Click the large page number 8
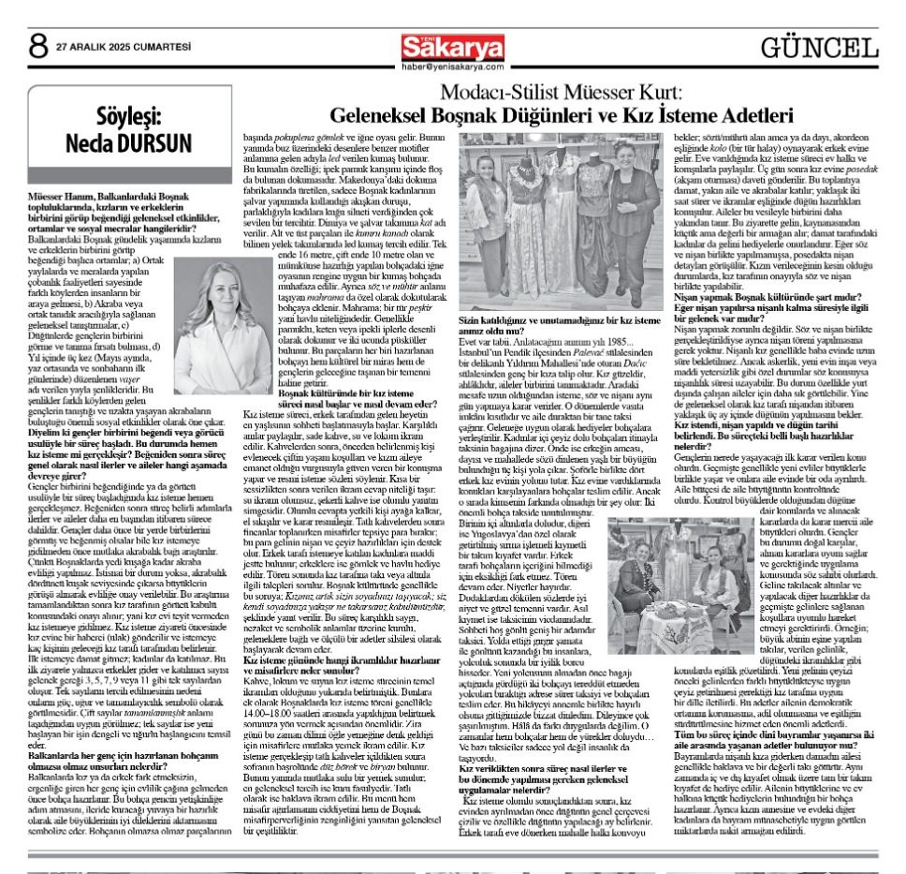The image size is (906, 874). (38, 44)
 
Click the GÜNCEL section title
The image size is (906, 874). (819, 47)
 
